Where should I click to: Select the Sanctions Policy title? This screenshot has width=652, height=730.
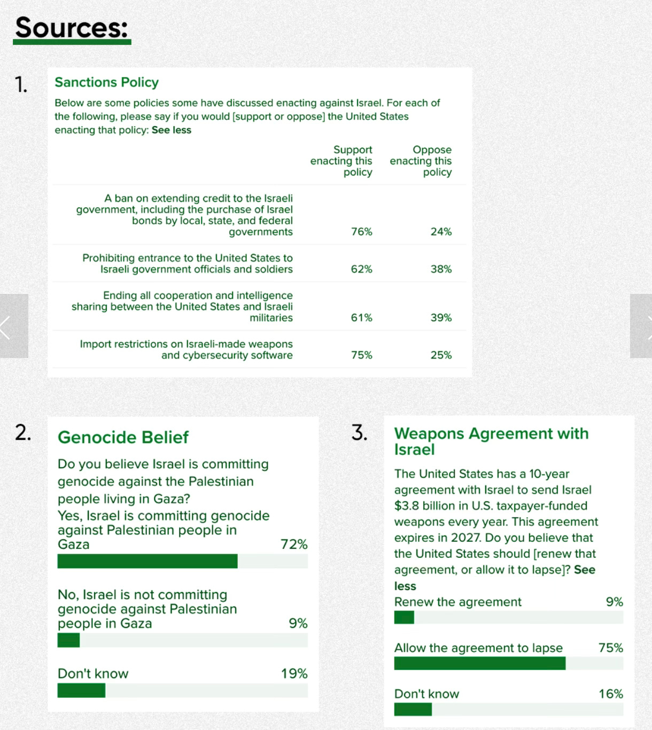pos(106,82)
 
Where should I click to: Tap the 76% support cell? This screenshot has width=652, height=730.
pos(361,231)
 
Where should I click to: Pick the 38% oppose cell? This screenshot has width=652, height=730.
pos(441,269)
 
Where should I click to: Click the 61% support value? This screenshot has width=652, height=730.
pos(361,317)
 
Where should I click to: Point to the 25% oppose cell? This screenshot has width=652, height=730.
pos(441,355)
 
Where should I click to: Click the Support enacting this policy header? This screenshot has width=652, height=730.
pos(341,161)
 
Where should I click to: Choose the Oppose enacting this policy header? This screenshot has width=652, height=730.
pos(421,161)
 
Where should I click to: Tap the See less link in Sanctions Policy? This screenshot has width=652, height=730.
pos(171,130)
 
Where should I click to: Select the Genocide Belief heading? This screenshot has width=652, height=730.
pos(123,437)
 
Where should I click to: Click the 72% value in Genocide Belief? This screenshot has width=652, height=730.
pos(294,544)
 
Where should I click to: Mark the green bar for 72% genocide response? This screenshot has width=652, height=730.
pos(148,561)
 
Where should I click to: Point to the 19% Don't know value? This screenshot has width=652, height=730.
pos(294,673)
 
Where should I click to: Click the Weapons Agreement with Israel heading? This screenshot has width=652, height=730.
pos(491,441)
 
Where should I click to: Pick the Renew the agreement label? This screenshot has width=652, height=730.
pos(457,602)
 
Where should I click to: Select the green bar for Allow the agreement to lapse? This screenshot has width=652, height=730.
pos(479,663)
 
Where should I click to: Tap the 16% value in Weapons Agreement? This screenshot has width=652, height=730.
pos(610,694)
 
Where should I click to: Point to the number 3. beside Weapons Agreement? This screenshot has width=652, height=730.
pos(359,433)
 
